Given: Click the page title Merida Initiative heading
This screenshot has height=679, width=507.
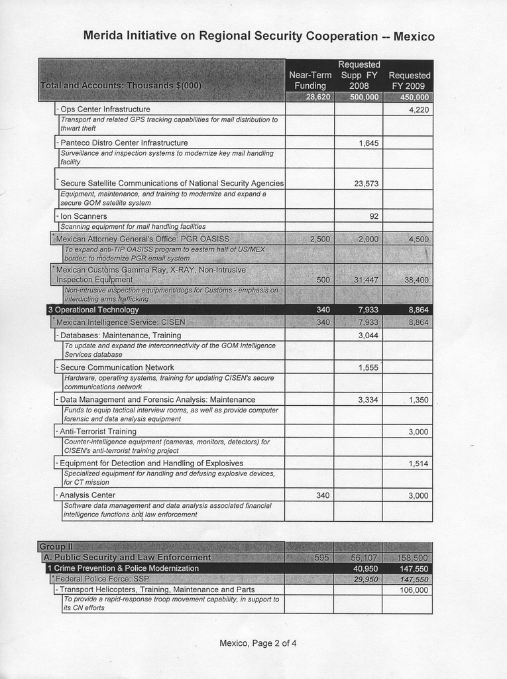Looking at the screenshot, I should [258, 36].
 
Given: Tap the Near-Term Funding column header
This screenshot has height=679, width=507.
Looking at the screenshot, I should [310, 80].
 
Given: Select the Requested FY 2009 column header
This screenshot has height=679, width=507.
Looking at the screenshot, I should [409, 80].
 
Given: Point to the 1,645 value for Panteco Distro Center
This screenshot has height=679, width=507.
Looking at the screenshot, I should [368, 143].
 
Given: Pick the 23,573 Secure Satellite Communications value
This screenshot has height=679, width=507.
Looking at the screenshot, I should [366, 184].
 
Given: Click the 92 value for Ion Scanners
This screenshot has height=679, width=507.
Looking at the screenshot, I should [374, 216].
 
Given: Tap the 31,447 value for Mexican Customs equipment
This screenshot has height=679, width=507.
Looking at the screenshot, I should [366, 280].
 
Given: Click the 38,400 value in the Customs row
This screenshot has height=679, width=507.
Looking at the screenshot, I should [416, 280].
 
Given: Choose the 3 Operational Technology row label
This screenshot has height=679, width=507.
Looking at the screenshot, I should [93, 310].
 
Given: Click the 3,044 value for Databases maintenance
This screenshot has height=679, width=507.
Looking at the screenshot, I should [368, 336].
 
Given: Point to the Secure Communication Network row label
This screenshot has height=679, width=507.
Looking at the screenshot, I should [117, 367].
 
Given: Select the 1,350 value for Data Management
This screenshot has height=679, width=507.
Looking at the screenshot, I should [418, 400].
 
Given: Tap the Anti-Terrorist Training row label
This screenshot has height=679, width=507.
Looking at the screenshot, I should [98, 432].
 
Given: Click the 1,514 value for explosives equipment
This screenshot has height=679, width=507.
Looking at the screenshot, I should [418, 463].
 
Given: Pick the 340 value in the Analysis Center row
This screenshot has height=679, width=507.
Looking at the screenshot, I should [323, 495].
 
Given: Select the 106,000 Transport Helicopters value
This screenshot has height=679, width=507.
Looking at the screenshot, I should [414, 589].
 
